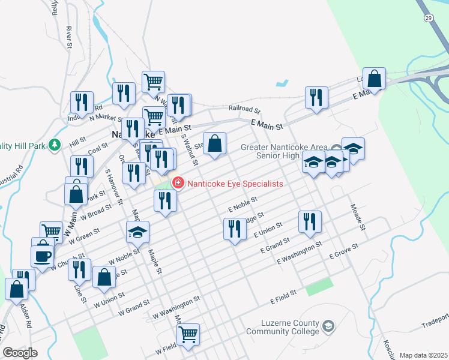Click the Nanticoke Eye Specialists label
pos(235,184)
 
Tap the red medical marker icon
pos(178,182)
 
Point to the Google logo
pos(20,353)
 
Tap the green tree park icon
pos(55,145)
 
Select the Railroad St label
pos(244,110)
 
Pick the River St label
pos(70,37)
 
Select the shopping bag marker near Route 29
pos(374,79)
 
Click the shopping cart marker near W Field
pos(188,334)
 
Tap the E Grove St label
pos(344,251)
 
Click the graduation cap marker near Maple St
pos(137,232)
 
